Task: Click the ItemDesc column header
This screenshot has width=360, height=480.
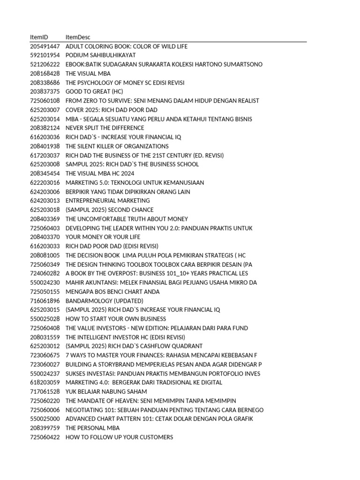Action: point(78,37)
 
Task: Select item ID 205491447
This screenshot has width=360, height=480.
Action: point(45,46)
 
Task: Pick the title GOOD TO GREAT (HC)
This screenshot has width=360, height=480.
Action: point(94,91)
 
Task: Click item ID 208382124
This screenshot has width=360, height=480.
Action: point(45,128)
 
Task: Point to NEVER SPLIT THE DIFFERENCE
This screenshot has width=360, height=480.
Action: point(105,128)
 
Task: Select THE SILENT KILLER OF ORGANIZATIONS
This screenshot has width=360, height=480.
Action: point(117,146)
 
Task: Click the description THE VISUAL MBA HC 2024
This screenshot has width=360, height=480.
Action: point(100,173)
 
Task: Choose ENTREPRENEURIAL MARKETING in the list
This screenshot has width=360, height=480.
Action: point(108,201)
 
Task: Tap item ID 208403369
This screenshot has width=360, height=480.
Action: point(45,219)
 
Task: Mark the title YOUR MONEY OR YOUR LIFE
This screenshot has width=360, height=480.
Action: point(103,237)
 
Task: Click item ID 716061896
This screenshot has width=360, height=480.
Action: point(45,300)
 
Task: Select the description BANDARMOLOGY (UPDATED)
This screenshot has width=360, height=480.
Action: point(105,300)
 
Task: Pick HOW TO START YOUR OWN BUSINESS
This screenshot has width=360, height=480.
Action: point(116,319)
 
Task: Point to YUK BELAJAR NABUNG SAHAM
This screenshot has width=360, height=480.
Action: point(106,391)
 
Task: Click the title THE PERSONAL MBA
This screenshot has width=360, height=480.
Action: point(92,428)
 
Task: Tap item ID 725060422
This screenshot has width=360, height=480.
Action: point(45,437)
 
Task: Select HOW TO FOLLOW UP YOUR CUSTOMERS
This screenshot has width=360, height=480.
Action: point(119,437)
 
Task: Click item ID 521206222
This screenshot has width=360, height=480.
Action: point(45,64)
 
